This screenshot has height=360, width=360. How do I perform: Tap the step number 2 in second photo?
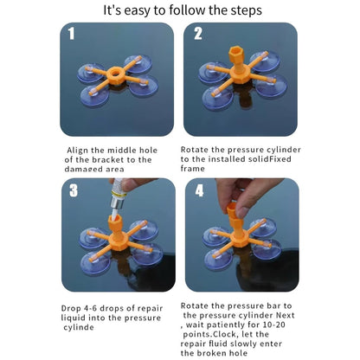pyautogui.click(x=198, y=35)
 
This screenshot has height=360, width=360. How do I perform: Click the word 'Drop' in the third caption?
pyautogui.click(x=74, y=307)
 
